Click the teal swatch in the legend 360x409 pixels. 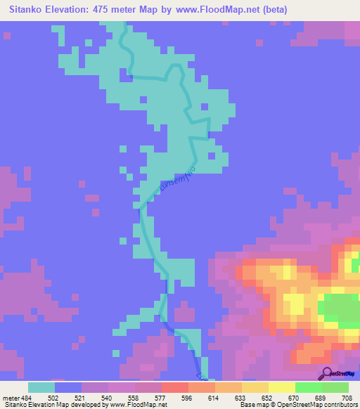(41, 387)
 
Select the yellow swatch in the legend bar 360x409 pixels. (281, 387)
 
